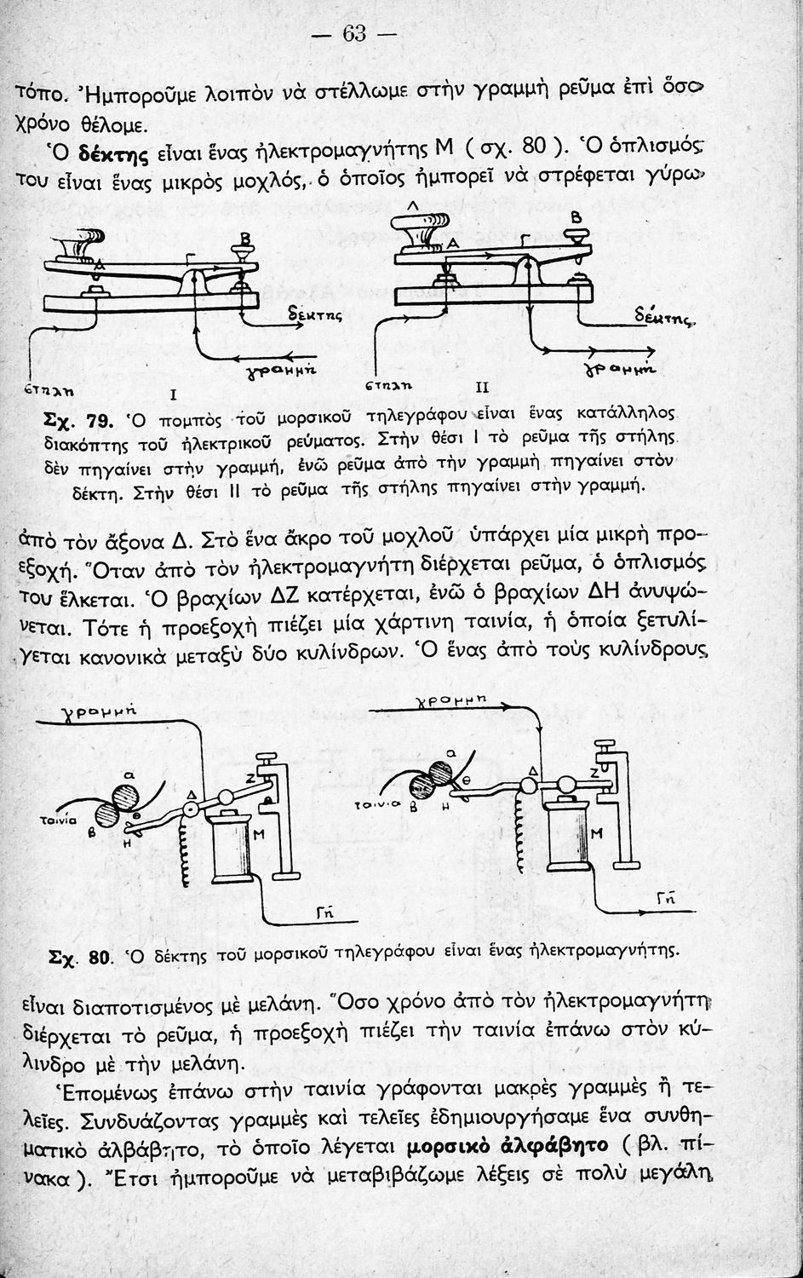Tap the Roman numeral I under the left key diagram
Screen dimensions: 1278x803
[x=172, y=394]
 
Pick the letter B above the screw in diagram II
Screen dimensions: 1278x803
[x=575, y=219]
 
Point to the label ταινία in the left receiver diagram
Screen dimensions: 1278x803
[x=59, y=820]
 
